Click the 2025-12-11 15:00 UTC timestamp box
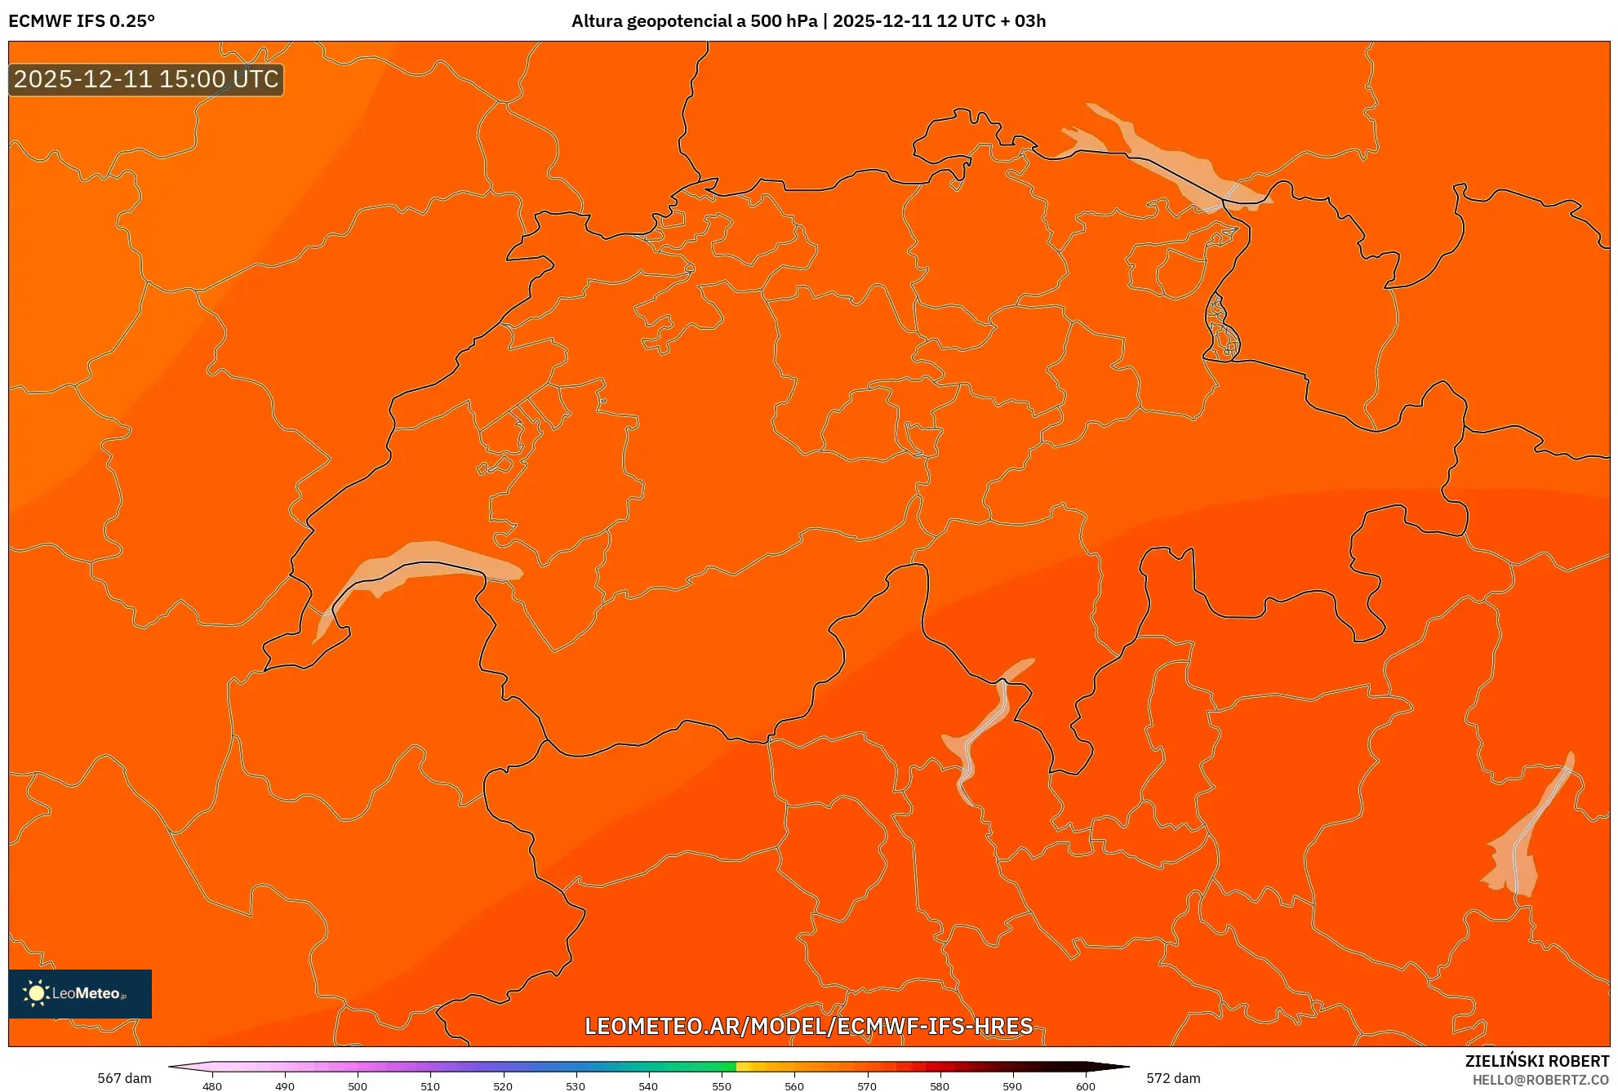146,79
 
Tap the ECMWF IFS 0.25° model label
82,21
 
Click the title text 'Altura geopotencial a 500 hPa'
694,21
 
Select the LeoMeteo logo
79,993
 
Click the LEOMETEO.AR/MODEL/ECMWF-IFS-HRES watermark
808,1026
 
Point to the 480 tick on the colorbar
212,1085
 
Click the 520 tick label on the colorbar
503,1085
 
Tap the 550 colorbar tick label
722,1085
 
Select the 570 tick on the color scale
867,1085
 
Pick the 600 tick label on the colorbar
1085,1085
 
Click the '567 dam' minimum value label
124,1078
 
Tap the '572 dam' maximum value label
1173,1078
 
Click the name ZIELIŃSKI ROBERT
1536,1061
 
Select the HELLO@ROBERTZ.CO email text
1540,1080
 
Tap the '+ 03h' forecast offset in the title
1025,21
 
